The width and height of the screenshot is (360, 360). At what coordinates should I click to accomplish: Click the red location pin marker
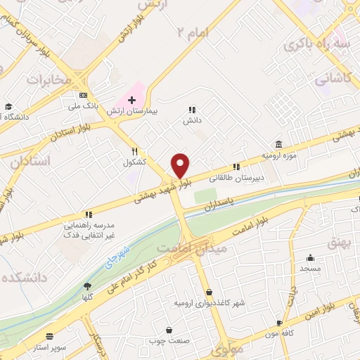coord(181,165)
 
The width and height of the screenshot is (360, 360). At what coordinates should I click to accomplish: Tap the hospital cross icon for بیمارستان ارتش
coord(131,100)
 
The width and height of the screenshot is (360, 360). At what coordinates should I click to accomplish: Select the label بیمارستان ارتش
coord(133,111)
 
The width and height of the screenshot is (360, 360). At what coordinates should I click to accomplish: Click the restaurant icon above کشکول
coord(134,151)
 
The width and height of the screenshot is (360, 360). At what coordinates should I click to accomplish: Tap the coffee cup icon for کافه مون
coord(280,324)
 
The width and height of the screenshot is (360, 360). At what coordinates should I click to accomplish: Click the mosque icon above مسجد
coord(310,258)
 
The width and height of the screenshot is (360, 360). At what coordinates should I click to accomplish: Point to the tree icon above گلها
coord(87,286)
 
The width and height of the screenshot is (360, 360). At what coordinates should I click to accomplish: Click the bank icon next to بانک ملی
coord(83,94)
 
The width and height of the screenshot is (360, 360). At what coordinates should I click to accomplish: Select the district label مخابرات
coord(50,79)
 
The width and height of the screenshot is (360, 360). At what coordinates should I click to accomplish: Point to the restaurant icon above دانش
coord(192,110)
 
